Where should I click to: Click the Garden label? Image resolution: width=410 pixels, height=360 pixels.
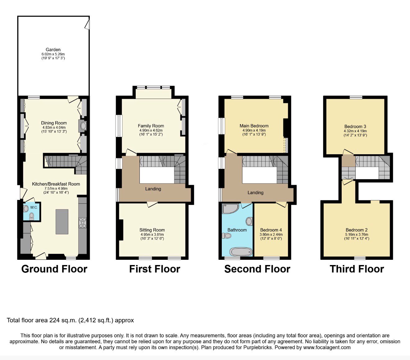[53, 50]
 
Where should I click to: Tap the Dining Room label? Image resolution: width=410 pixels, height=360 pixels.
[54, 123]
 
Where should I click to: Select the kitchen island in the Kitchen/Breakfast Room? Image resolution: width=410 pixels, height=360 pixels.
[62, 222]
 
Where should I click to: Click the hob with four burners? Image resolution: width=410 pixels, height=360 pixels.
[83, 223]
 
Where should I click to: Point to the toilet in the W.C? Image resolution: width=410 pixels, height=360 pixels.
[32, 216]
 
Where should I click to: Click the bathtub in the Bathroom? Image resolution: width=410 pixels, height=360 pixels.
[241, 252]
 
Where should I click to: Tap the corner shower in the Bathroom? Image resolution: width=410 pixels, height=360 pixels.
[230, 209]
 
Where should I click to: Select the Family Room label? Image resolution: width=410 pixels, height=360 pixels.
[151, 126]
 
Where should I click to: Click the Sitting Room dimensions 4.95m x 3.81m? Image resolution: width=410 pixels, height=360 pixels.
[152, 234]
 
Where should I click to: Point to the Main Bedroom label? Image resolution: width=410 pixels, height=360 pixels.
[254, 126]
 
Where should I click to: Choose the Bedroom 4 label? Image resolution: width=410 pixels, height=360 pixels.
[271, 230]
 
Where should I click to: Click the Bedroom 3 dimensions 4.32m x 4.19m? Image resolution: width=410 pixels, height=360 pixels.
[355, 131]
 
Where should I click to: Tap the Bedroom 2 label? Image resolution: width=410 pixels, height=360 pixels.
[357, 230]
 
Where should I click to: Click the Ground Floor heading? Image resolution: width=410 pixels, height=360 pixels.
[54, 269]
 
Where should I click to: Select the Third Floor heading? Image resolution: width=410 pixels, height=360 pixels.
[357, 269]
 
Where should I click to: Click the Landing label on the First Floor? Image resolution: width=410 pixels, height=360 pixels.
[153, 189]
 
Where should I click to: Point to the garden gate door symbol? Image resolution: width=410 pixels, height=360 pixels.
[87, 24]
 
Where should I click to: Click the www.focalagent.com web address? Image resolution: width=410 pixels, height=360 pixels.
[327, 347]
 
